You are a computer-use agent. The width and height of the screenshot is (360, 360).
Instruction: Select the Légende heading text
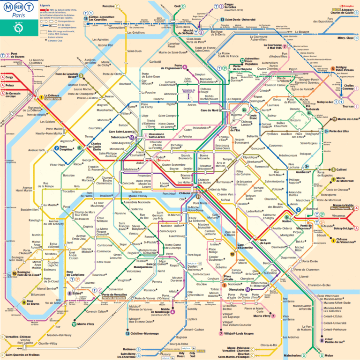click(45, 4)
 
